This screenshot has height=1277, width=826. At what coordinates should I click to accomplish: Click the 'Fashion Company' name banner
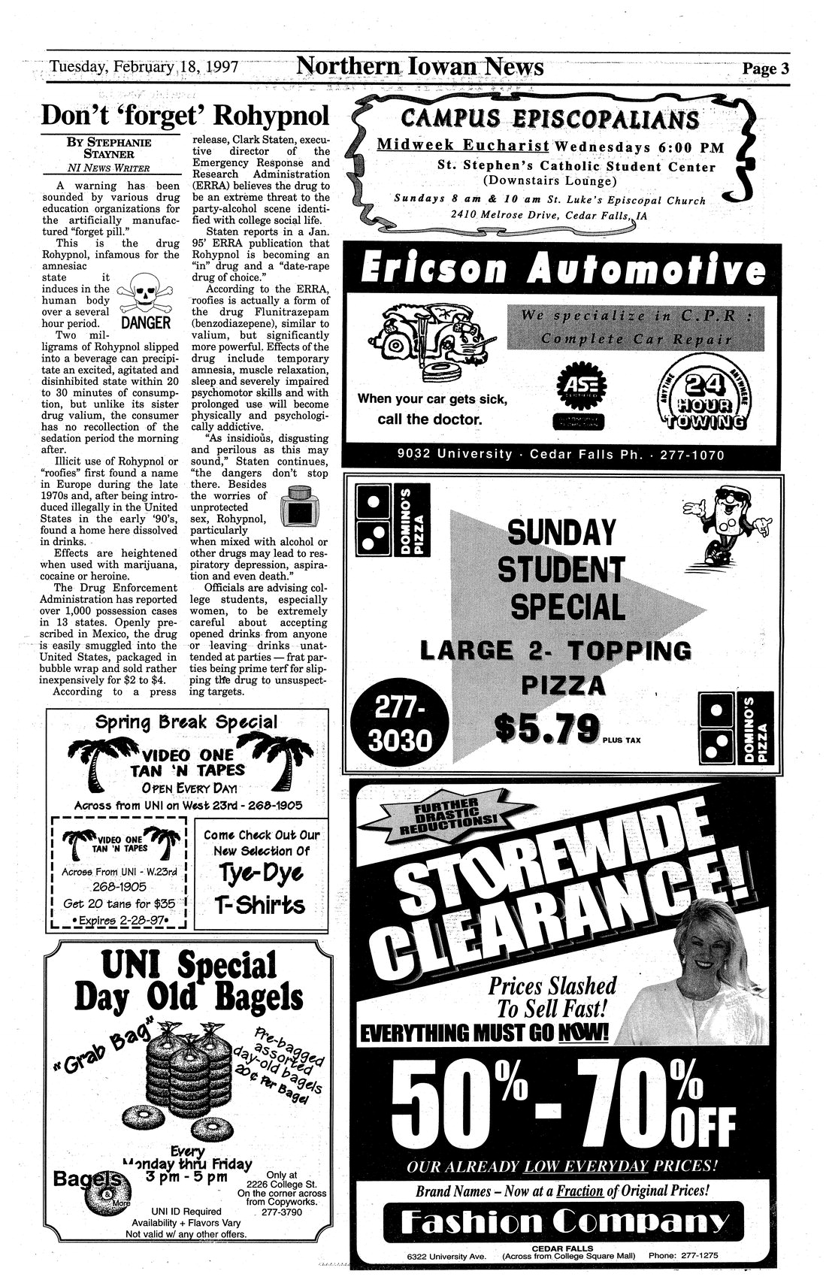click(563, 1224)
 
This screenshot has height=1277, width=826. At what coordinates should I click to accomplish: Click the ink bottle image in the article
click(304, 505)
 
